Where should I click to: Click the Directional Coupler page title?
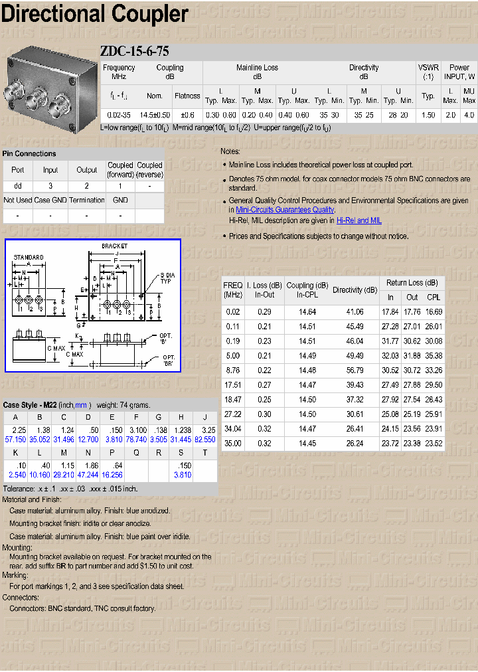coord(95,15)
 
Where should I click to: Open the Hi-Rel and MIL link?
coord(358,220)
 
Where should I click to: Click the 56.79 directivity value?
coord(355,370)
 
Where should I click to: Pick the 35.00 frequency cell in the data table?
coord(232,443)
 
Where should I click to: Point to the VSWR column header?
coord(428,72)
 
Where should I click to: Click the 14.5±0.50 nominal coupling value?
coord(155,115)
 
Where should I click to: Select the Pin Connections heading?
coord(30,153)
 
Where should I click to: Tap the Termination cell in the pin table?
coord(86,200)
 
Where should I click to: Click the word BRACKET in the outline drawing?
coord(115,246)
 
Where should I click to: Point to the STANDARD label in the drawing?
coord(29,258)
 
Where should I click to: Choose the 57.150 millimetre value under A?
coord(15,440)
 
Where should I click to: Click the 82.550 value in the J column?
coord(204,440)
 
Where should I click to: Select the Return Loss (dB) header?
coord(412,283)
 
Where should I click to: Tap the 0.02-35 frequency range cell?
coord(119,115)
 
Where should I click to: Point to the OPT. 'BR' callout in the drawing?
coord(168,361)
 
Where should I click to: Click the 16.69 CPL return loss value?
coord(434,311)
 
